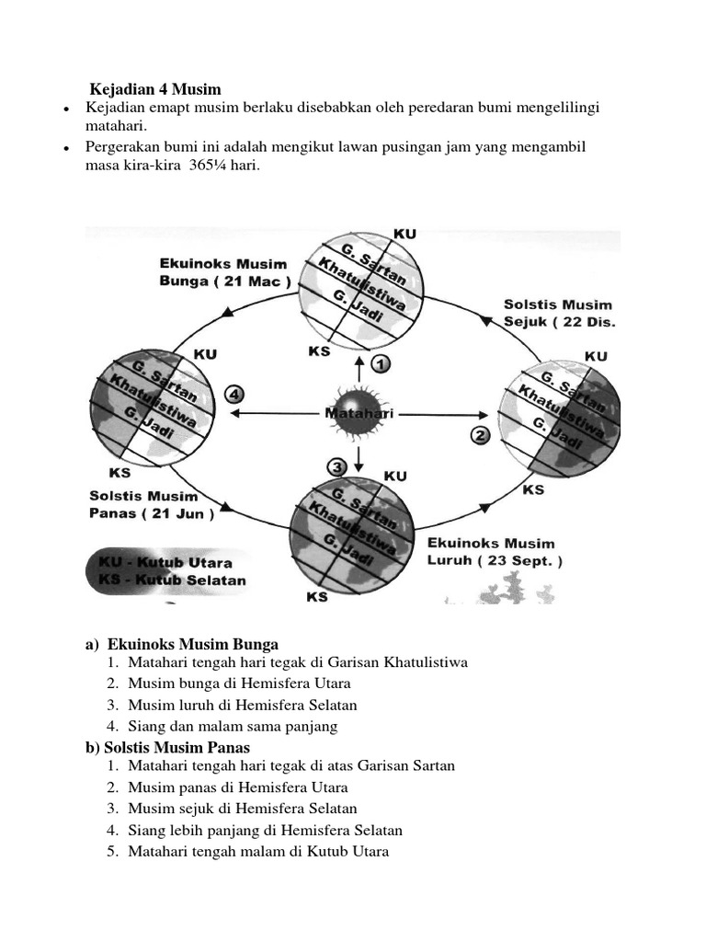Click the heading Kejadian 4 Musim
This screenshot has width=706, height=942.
tap(155, 89)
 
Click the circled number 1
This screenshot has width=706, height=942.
tap(381, 364)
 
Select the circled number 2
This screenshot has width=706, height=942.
tap(480, 435)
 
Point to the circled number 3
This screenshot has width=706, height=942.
tap(338, 467)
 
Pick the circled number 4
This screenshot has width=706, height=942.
tap(235, 395)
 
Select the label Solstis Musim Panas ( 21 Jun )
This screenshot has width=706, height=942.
tap(151, 504)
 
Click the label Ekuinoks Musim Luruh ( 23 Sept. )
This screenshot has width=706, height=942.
tap(495, 551)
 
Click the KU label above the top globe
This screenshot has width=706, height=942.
tap(404, 234)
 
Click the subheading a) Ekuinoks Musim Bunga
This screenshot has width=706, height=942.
tap(182, 644)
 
